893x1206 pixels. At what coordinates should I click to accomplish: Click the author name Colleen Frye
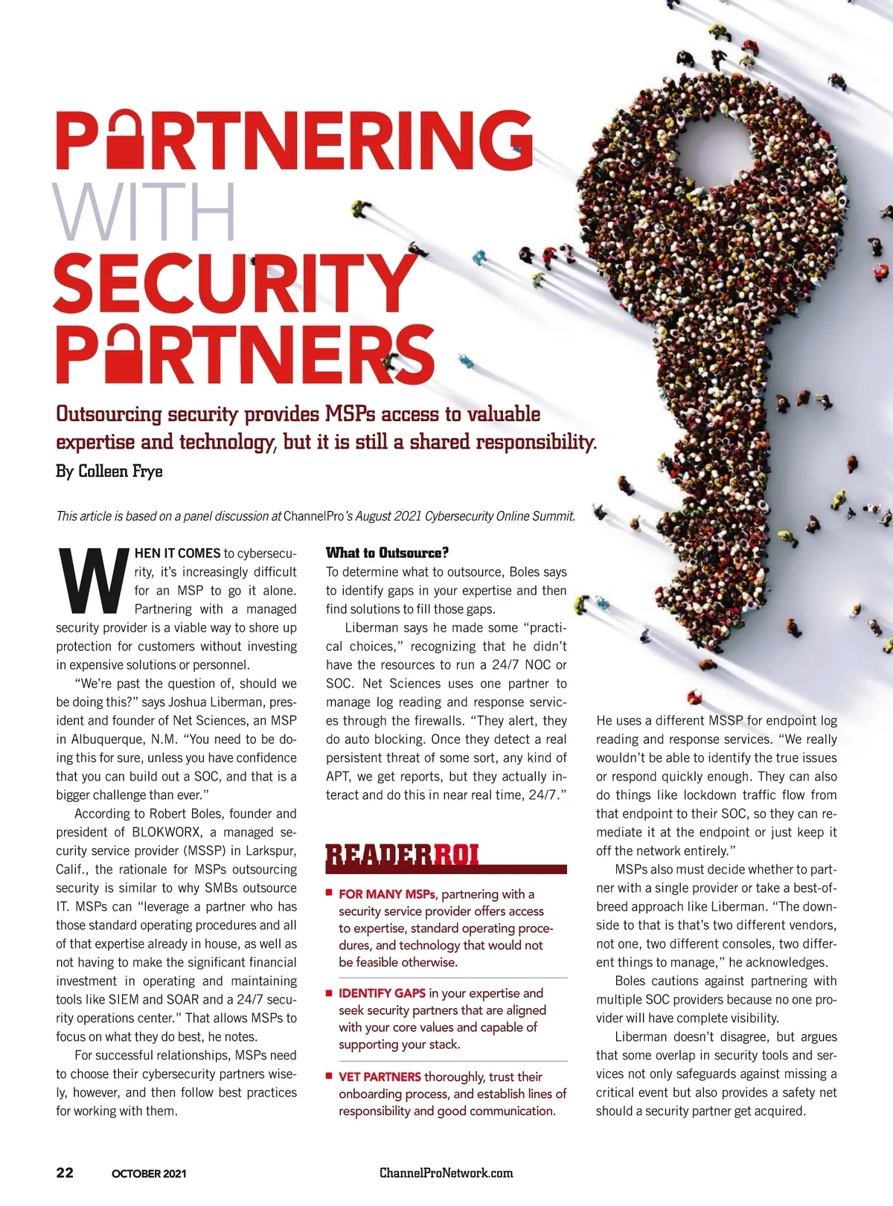(120, 472)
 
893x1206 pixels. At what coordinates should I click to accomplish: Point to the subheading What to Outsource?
(387, 553)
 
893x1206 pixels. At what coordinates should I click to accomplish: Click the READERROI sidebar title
(403, 856)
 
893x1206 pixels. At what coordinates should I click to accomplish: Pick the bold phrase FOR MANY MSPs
(386, 894)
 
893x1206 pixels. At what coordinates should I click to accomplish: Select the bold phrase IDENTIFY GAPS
(382, 993)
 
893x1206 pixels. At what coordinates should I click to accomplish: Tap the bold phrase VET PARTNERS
(380, 1077)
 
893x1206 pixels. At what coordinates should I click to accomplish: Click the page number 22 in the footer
(65, 1173)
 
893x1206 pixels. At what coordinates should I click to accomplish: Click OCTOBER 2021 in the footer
(149, 1174)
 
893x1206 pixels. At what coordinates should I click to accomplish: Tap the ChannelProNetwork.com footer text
(446, 1173)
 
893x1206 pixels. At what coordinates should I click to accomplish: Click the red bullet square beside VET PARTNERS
(329, 1076)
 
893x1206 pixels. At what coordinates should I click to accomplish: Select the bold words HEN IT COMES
(177, 554)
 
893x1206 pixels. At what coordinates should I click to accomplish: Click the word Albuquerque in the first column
(109, 740)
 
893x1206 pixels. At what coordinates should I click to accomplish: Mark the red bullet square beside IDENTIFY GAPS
(329, 992)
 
